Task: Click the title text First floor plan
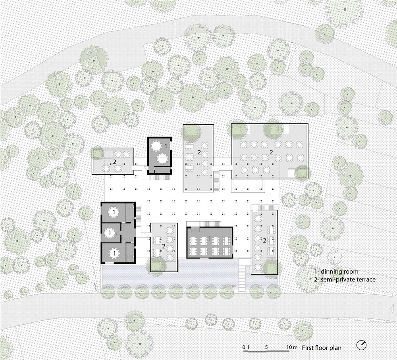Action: [322, 348]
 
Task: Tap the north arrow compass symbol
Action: [361, 345]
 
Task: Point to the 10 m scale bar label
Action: [292, 347]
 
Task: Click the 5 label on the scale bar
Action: [266, 347]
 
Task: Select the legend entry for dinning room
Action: [336, 271]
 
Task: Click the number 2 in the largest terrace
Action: [271, 152]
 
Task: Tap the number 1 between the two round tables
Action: [166, 146]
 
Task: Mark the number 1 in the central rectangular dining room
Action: [210, 238]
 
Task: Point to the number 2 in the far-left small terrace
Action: [115, 162]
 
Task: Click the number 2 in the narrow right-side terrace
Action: [264, 241]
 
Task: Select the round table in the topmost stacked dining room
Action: [114, 213]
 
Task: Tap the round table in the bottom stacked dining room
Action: [114, 253]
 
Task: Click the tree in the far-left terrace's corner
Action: [97, 154]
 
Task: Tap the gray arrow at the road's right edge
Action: [392, 308]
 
